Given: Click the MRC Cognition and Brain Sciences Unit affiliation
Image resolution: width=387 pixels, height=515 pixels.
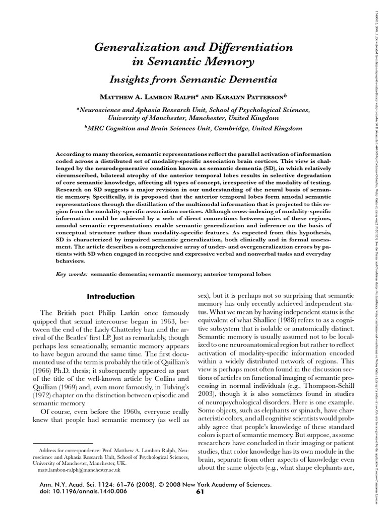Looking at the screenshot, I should (x=194, y=128).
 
